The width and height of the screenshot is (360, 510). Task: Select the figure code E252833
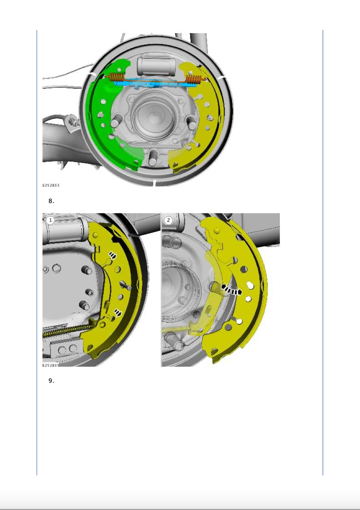pos(51,185)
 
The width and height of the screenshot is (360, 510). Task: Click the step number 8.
pos(51,201)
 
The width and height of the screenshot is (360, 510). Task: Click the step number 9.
pos(51,381)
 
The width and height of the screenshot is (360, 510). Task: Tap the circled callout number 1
pos(50,220)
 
